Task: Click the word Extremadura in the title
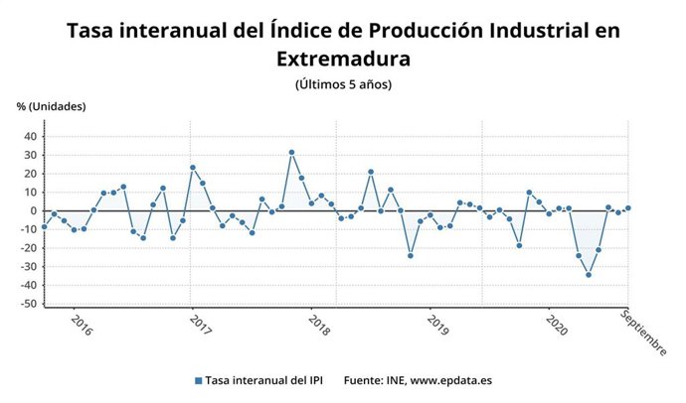[343, 60]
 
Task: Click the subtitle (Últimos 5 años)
[343, 84]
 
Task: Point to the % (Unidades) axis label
[51, 106]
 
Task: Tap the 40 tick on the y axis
[31, 137]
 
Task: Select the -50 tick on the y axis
[28, 304]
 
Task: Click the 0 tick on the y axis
[34, 210]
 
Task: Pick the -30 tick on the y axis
[28, 267]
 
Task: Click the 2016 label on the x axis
[82, 328]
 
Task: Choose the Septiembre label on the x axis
[644, 332]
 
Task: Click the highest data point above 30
[291, 153]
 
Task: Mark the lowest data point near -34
[589, 275]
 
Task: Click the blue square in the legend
[198, 380]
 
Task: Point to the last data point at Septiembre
[627, 208]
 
